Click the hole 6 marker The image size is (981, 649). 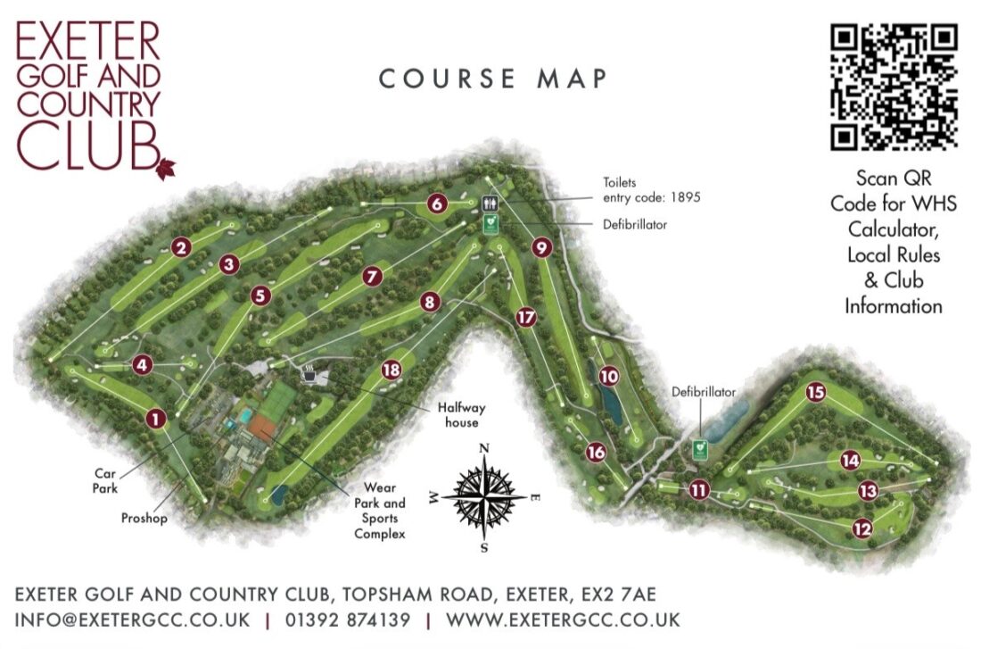436,204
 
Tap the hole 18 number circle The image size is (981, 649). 390,370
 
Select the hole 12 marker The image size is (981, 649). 862,528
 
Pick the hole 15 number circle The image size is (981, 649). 815,392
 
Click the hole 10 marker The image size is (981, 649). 609,377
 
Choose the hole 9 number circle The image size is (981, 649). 542,247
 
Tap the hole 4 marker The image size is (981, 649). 142,364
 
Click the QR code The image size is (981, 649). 894,87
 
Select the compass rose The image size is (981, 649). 483,494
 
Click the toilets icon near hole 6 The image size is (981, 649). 490,204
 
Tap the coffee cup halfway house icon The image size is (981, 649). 309,374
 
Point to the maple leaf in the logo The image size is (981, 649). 166,167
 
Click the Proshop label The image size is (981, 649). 143,517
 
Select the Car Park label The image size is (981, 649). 105,483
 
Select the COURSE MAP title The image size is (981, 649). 493,79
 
